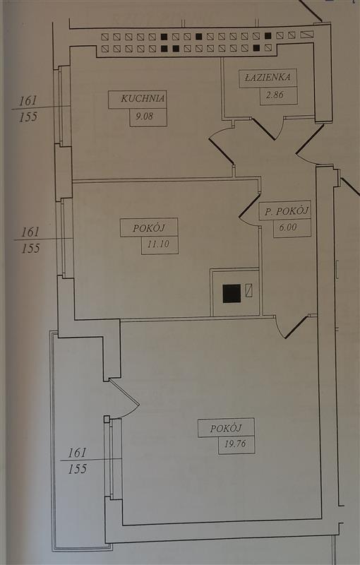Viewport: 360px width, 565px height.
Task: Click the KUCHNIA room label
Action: click(143, 98)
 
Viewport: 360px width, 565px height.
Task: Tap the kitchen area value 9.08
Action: click(145, 117)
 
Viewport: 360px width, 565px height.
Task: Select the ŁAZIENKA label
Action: click(268, 77)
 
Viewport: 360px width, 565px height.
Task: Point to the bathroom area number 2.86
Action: click(275, 95)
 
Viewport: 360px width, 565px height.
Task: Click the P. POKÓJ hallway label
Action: click(287, 211)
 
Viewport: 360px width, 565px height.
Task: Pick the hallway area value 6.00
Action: click(288, 227)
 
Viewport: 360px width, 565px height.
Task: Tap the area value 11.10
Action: click(158, 244)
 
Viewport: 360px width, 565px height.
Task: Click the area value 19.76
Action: click(235, 444)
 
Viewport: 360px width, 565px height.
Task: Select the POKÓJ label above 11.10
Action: click(149, 228)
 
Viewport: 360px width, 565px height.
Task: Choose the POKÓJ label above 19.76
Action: click(226, 429)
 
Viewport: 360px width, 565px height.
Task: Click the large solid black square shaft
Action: click(232, 293)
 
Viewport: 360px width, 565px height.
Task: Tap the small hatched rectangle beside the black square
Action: click(248, 290)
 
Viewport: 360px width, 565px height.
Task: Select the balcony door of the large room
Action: click(124, 398)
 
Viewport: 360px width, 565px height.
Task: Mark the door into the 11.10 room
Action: click(249, 210)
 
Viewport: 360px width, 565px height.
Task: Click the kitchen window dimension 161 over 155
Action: click(28, 109)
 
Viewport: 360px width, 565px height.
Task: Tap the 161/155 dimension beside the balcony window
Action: click(78, 460)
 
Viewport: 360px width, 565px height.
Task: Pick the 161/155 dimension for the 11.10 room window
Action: click(30, 240)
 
